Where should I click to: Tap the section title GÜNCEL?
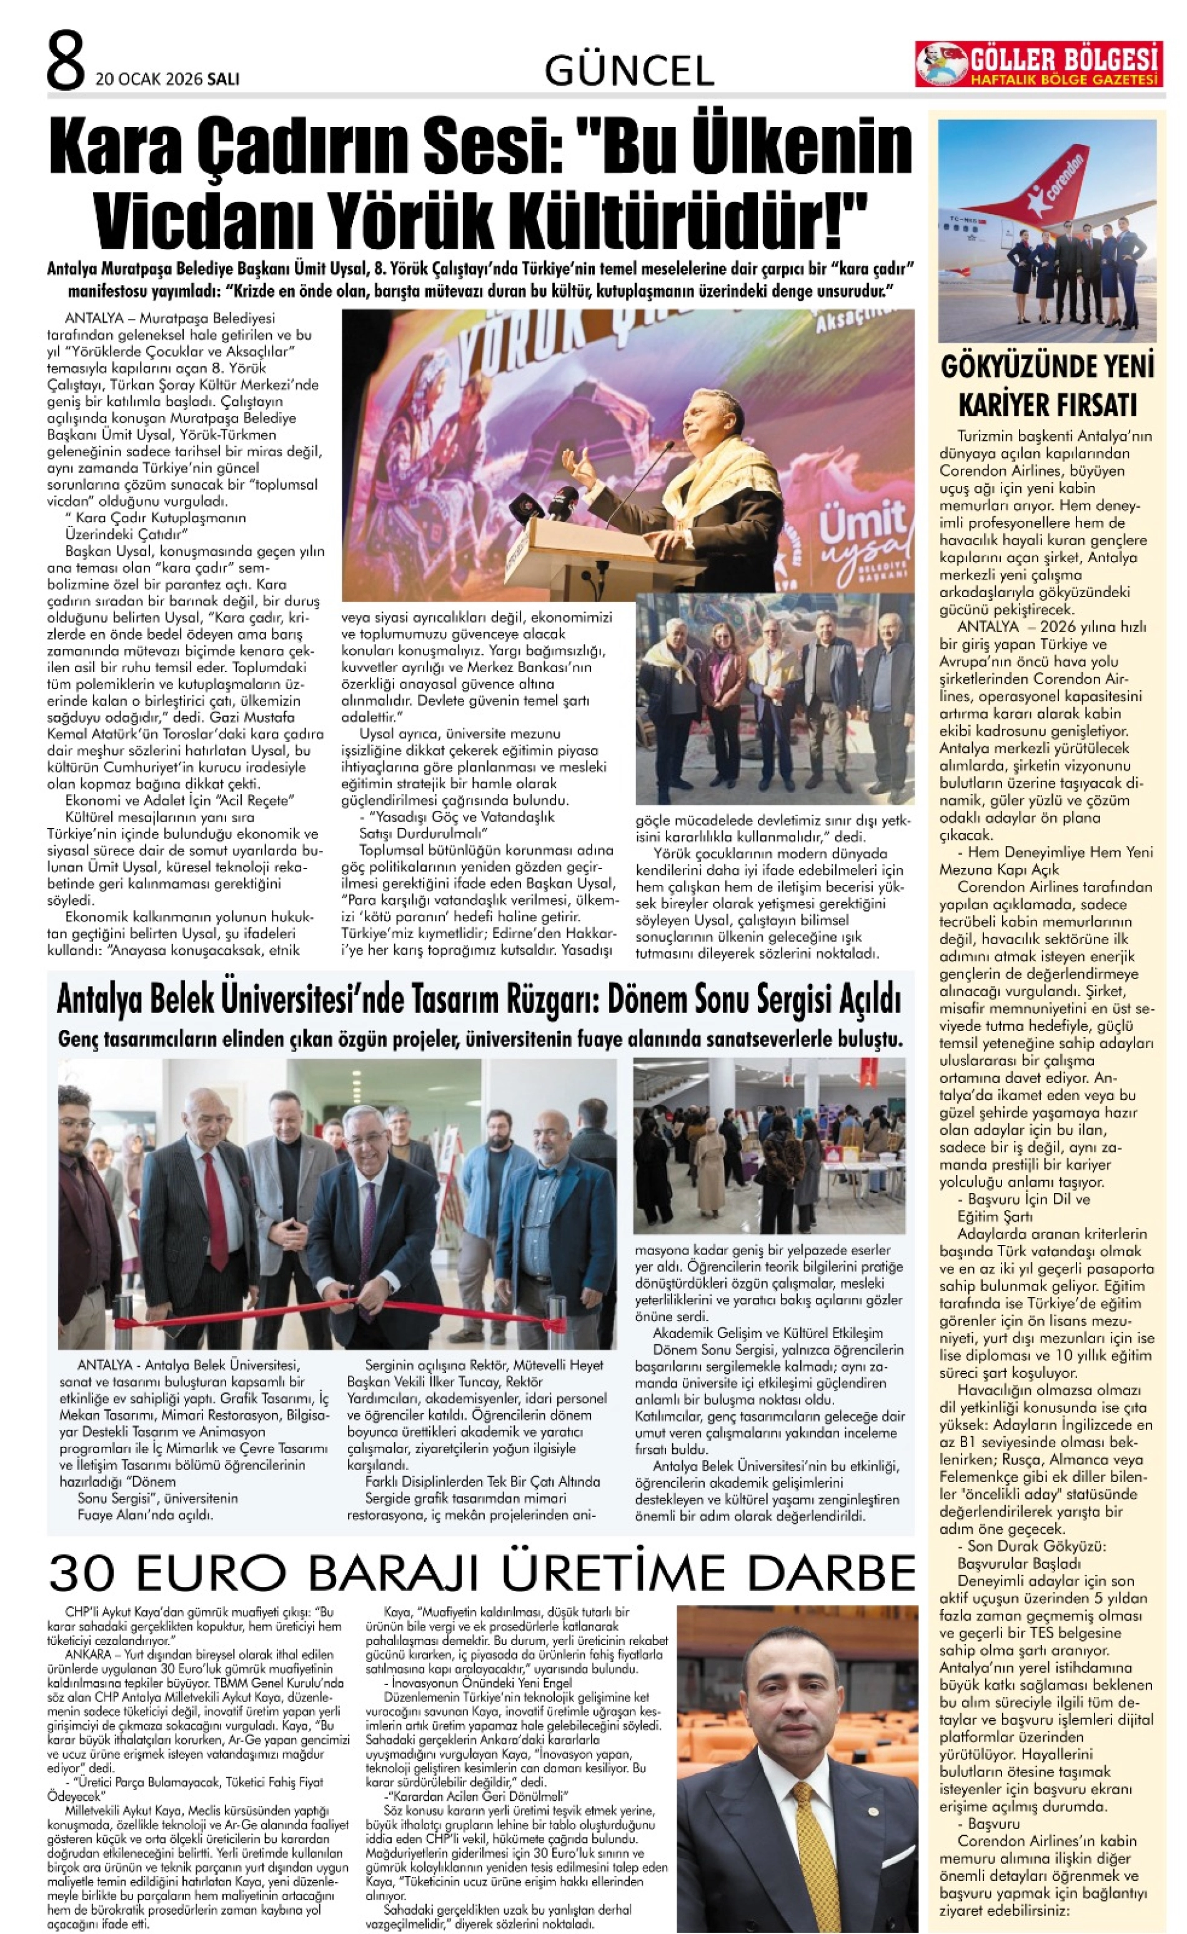(629, 71)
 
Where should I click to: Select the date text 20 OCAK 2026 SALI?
(167, 79)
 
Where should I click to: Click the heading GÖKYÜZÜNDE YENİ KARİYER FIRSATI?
(1047, 386)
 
